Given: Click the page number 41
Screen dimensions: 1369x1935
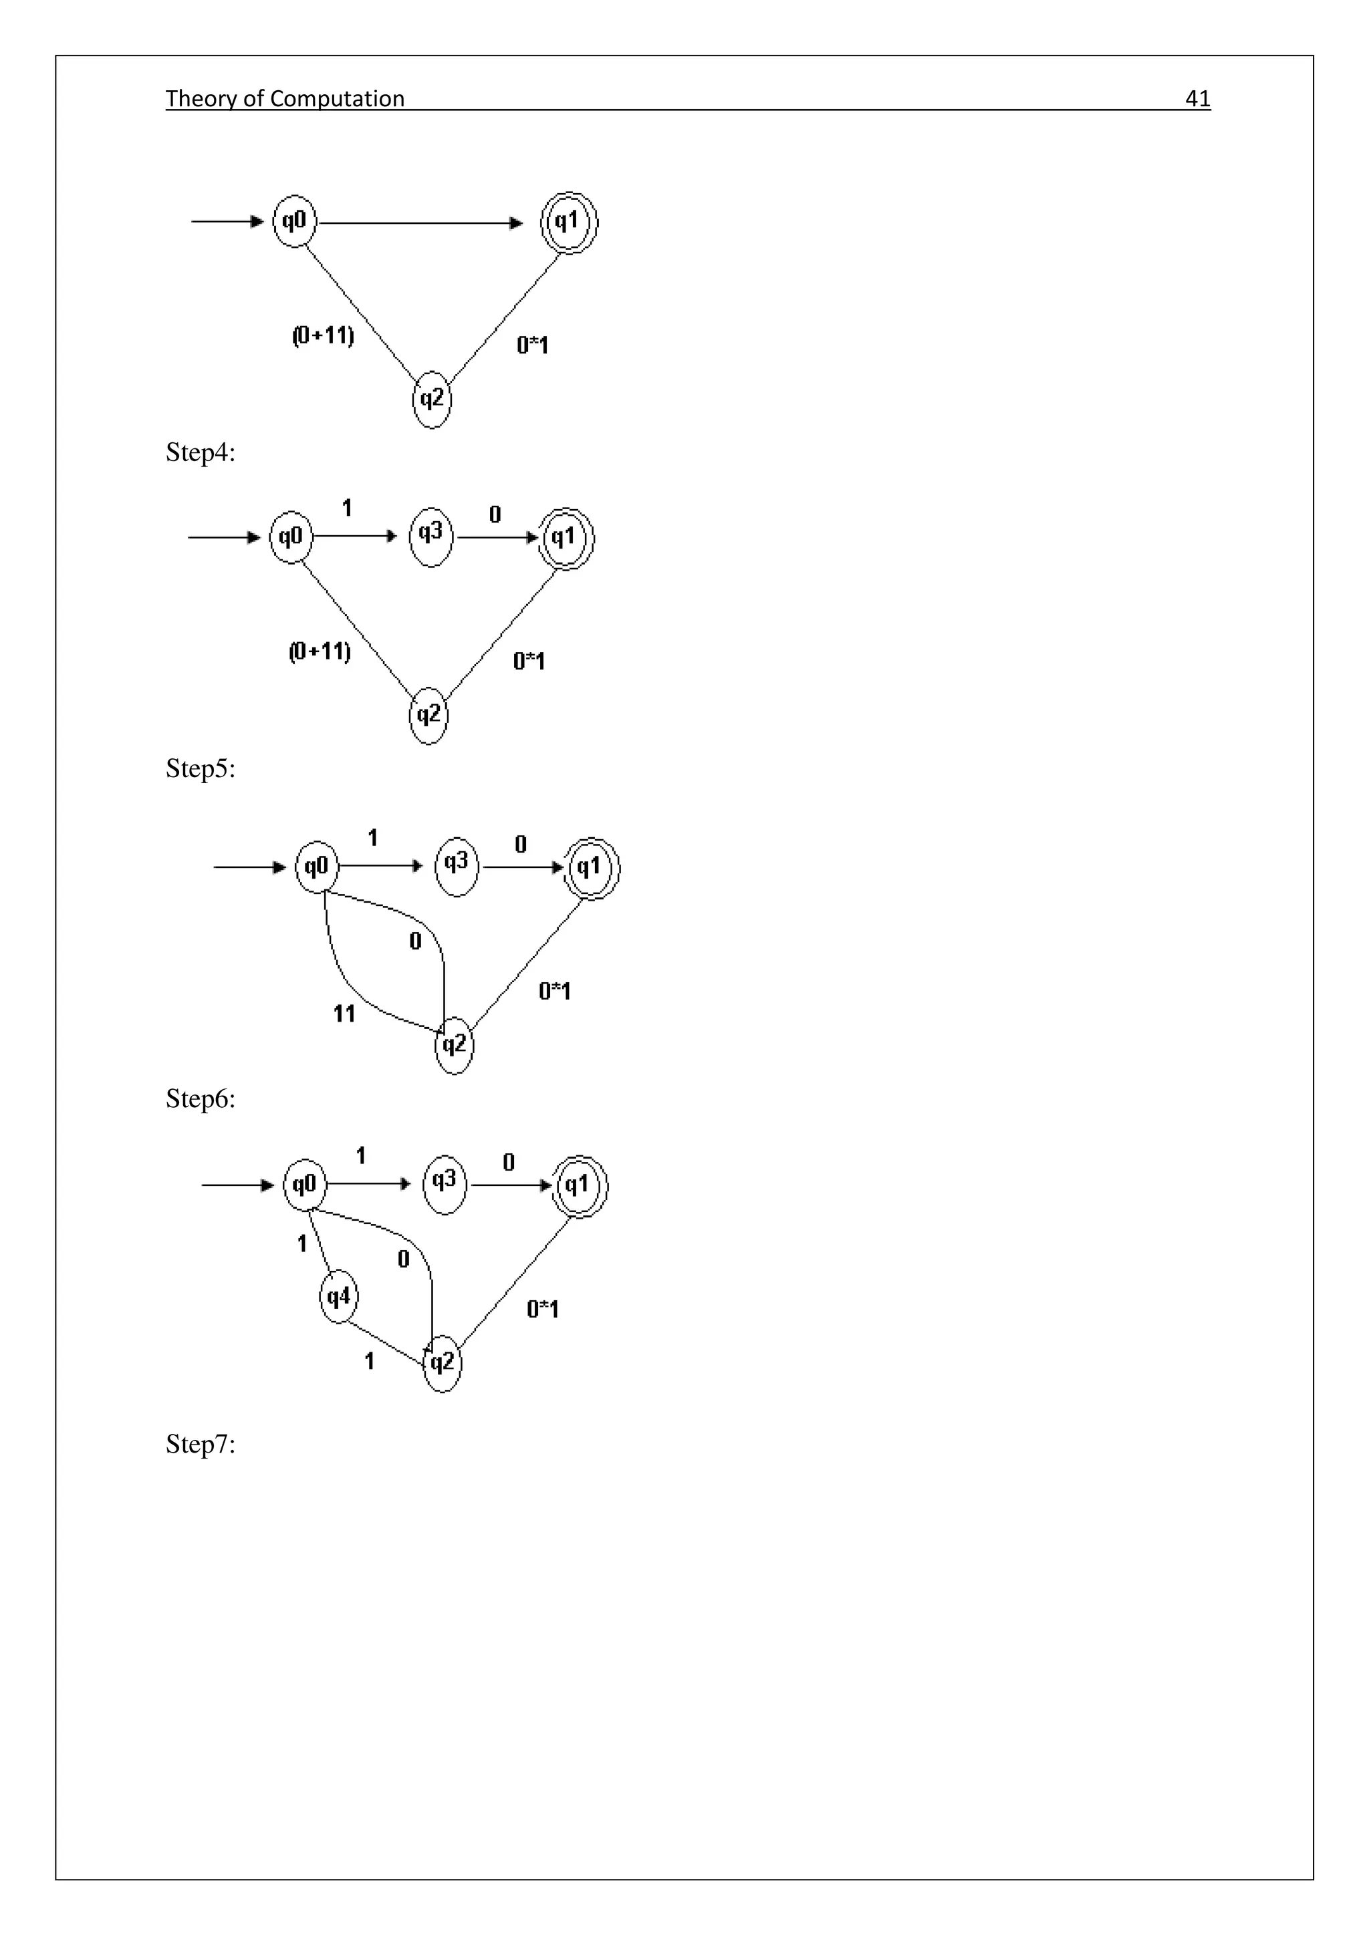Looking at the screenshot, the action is point(1197,99).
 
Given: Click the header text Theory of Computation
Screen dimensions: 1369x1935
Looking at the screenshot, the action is point(285,99).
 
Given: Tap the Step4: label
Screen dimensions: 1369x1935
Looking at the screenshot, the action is point(200,452).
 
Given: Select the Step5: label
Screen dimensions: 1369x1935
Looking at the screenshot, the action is point(200,768).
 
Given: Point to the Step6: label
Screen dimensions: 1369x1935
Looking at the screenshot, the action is point(200,1099).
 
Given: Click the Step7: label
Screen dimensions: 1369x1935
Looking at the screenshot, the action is point(200,1445).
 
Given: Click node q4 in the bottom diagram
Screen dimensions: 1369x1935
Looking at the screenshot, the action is point(338,1297).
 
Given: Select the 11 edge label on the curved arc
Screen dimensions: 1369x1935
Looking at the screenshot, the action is point(344,1014).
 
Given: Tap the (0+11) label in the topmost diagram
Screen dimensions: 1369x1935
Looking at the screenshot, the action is point(323,336).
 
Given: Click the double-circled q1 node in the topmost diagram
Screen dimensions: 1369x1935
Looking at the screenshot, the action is point(569,222).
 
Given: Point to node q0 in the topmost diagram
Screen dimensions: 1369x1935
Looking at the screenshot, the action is point(294,222).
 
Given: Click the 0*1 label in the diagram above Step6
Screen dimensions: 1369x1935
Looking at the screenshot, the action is point(555,991).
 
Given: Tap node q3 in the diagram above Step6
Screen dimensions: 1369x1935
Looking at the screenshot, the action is point(456,865).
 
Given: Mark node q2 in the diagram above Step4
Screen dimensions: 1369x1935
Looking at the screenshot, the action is point(432,400).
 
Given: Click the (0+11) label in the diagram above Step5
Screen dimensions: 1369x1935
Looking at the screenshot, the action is point(320,651).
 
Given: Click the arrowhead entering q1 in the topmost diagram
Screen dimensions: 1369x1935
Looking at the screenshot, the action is point(516,223).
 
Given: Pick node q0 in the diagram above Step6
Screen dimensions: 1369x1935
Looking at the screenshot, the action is point(316,867).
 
